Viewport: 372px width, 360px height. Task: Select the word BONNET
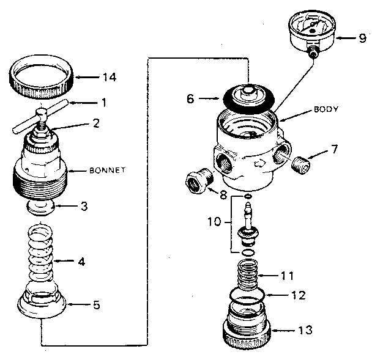point(108,171)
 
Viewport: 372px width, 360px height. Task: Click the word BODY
point(326,110)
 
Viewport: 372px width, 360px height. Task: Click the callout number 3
point(84,206)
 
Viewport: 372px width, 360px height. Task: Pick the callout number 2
point(95,123)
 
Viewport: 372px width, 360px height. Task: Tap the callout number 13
point(305,330)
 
